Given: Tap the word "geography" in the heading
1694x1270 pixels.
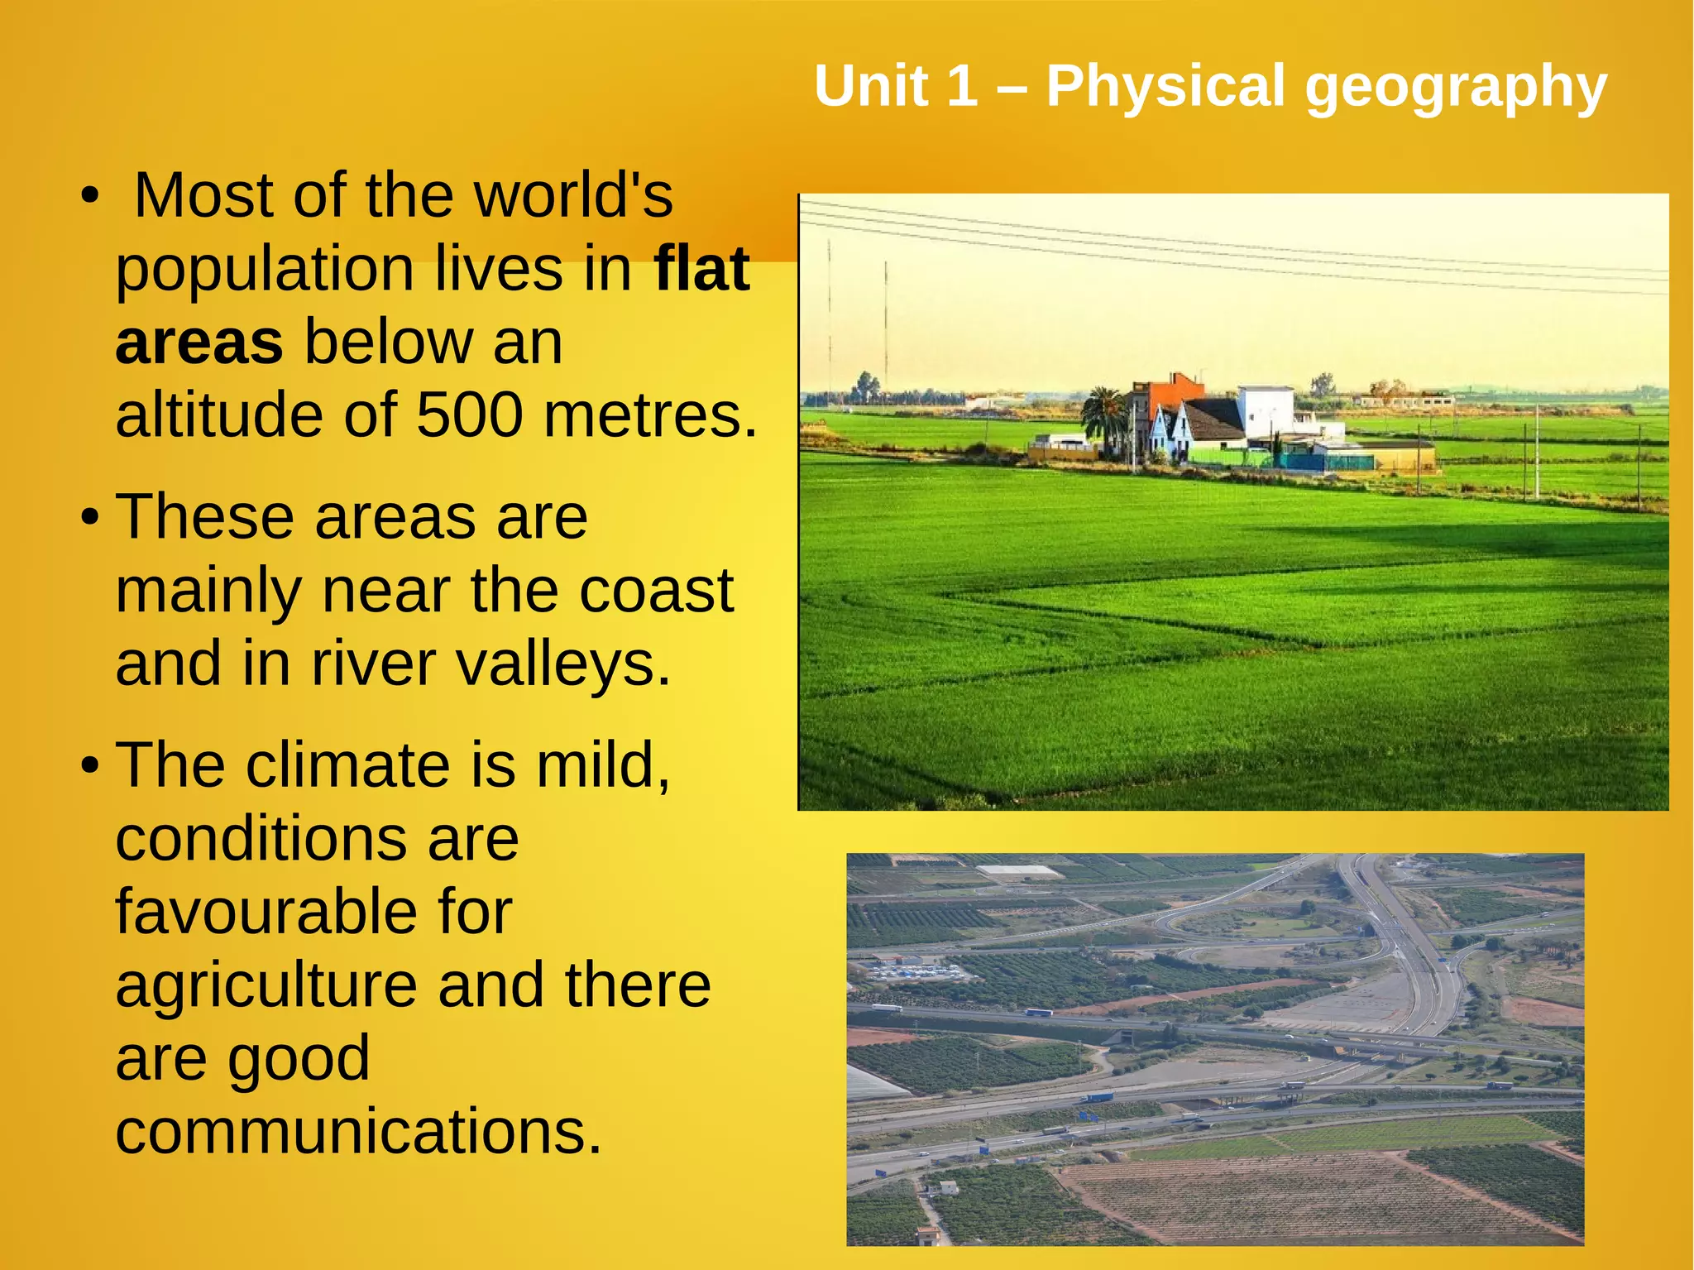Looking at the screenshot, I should coord(1456,88).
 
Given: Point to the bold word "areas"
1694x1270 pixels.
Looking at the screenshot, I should coord(199,343).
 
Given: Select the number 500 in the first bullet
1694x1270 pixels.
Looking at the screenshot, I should coord(469,415).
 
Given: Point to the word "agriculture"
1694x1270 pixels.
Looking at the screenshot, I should coord(266,985).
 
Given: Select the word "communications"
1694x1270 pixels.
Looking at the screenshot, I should coord(357,1132).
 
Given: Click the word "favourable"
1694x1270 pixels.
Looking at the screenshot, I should coord(313,912).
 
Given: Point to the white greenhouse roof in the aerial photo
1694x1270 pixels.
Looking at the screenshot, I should coord(1019,871).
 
